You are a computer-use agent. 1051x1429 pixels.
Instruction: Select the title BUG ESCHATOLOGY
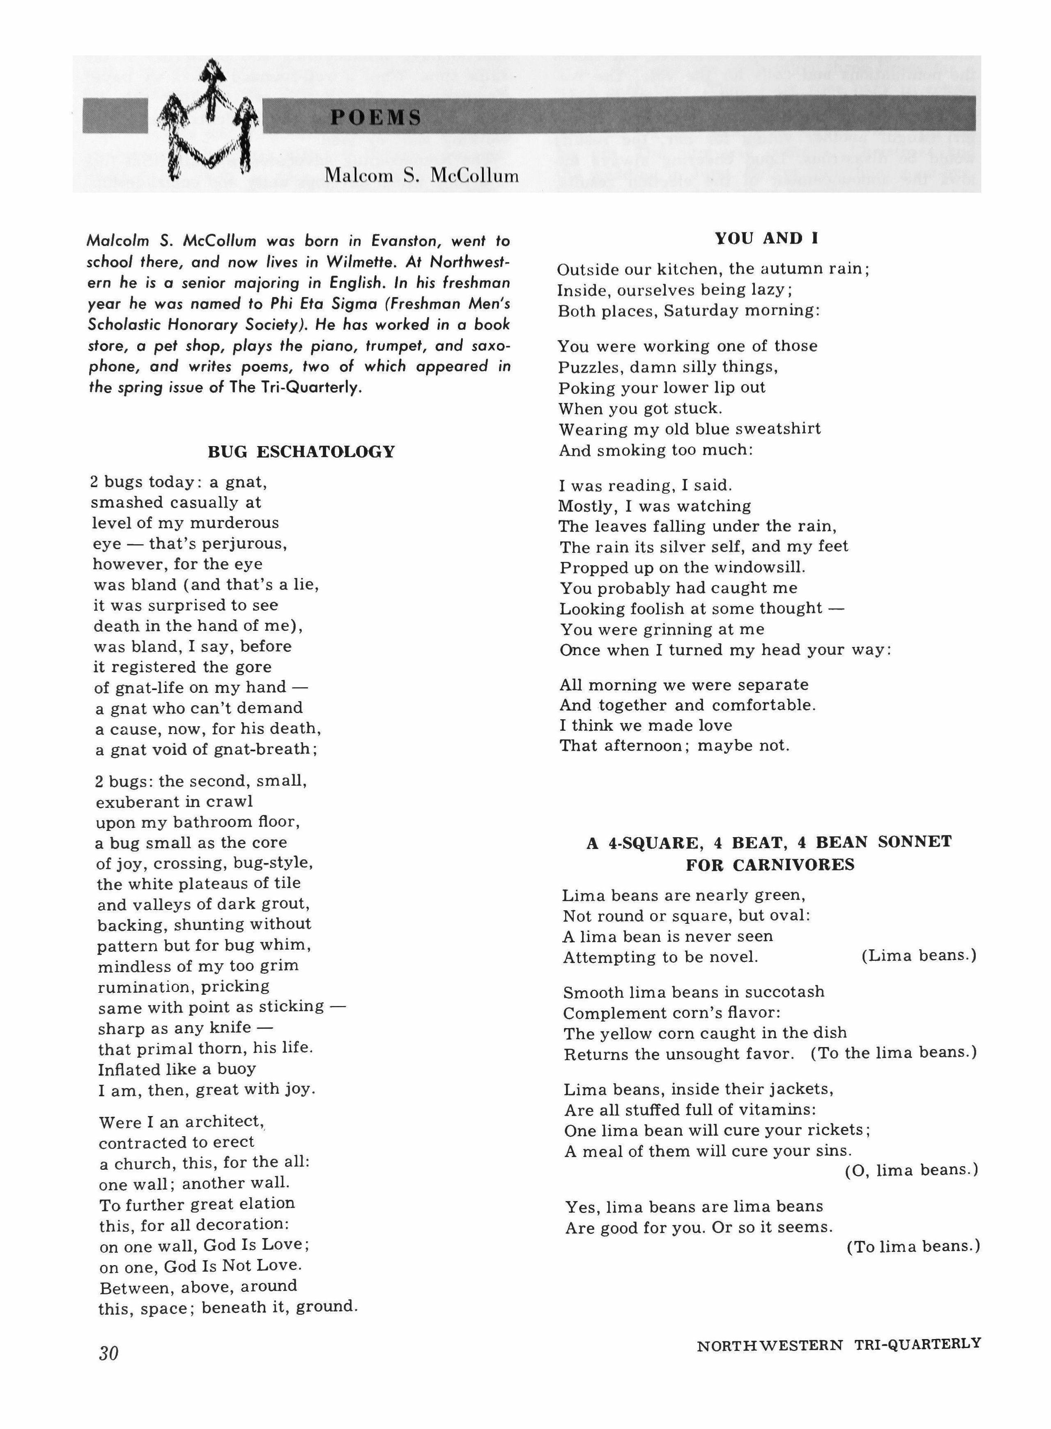click(x=301, y=452)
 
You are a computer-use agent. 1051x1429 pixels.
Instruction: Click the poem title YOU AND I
click(x=767, y=239)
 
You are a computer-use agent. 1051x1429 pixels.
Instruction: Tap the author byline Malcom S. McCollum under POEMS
click(x=421, y=176)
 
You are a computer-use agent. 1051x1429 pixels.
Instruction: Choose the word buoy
click(x=236, y=1069)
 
